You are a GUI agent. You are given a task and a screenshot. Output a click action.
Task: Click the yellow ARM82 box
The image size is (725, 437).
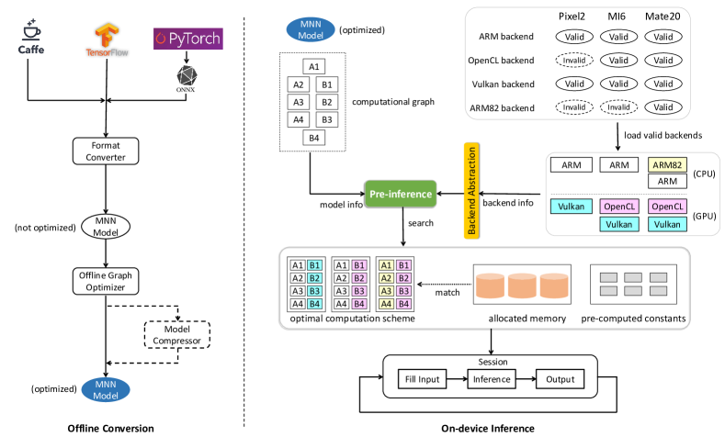click(668, 163)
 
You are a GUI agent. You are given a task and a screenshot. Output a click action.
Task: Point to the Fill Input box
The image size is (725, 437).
click(423, 379)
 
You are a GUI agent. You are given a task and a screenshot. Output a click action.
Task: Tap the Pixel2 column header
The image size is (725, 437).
click(573, 17)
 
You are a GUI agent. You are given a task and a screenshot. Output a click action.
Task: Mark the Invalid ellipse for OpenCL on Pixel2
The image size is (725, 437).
click(574, 61)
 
